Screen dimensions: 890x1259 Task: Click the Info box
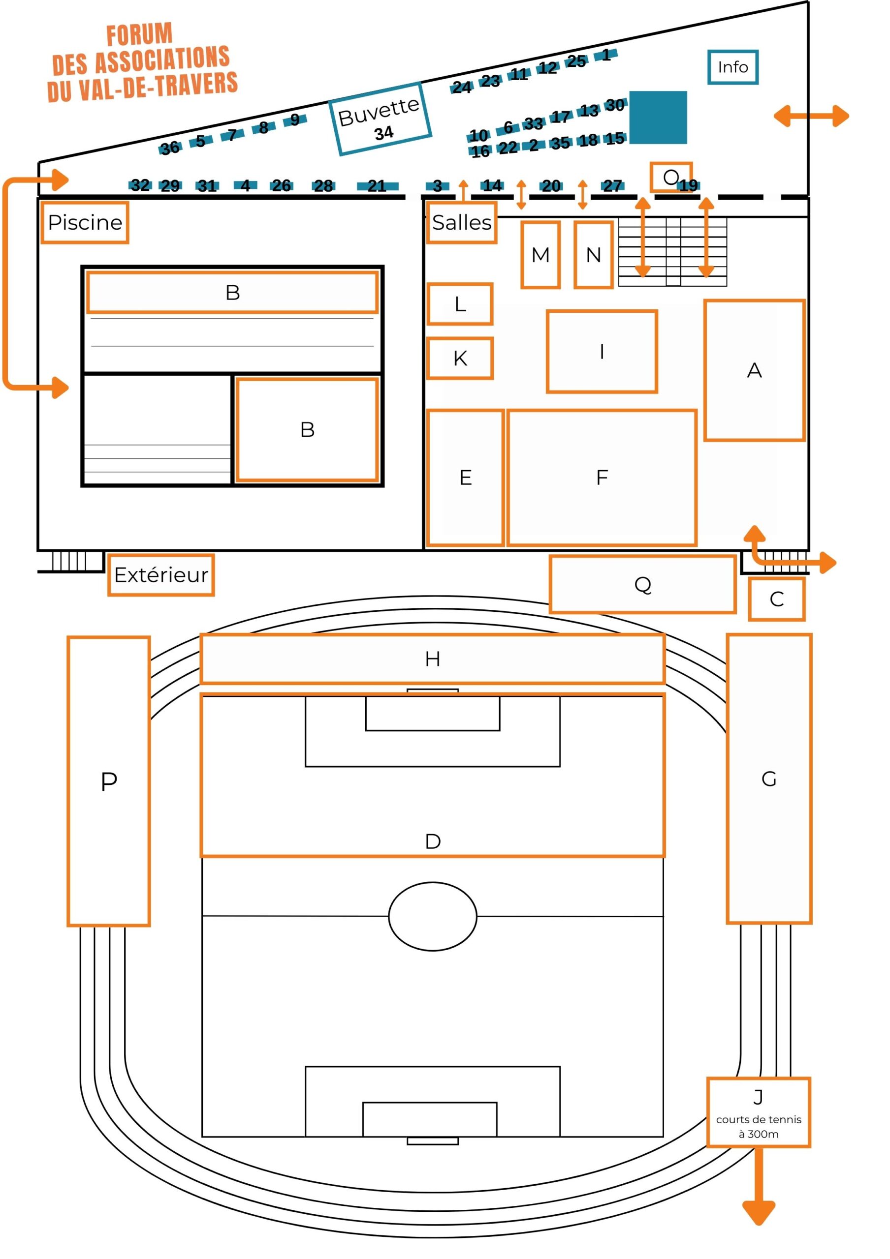point(732,67)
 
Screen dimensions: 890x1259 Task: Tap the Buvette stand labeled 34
point(380,119)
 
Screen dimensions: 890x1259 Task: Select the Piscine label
point(85,223)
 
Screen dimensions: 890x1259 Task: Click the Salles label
point(462,223)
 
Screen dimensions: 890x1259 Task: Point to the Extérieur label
point(161,575)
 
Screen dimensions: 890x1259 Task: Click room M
point(540,255)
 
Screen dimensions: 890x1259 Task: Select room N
point(594,255)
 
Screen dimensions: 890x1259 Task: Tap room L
point(460,304)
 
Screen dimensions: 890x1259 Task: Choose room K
point(460,358)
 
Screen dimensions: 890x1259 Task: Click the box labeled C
point(776,599)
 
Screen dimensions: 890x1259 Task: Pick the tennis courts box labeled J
point(758,1112)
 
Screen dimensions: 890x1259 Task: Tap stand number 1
point(606,55)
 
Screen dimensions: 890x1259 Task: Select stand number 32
point(140,185)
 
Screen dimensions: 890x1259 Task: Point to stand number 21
point(377,186)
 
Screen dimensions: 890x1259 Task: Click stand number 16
point(480,151)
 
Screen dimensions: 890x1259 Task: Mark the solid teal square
point(658,118)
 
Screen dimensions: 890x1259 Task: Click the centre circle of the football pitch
point(432,916)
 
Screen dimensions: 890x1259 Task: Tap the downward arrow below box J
point(759,1186)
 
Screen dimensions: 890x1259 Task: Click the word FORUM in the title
point(139,35)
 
